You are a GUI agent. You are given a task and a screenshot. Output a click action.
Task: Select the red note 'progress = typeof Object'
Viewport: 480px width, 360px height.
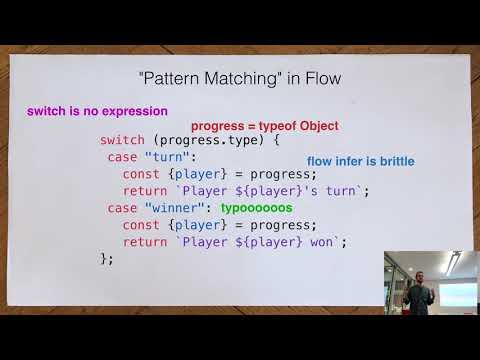[x=265, y=126]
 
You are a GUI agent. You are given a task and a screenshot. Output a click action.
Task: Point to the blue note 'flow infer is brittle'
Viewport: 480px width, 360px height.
[x=360, y=161]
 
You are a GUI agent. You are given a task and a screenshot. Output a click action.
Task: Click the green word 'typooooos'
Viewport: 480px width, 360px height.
[x=256, y=207]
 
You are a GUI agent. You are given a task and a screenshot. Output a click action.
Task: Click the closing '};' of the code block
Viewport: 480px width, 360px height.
[x=107, y=258]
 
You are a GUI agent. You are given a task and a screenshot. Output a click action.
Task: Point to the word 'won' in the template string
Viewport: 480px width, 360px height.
[x=326, y=241]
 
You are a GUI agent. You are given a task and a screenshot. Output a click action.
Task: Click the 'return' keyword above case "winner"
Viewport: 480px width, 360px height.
[x=145, y=191]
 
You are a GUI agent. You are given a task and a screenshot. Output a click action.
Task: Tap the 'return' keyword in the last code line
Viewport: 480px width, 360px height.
[x=145, y=241]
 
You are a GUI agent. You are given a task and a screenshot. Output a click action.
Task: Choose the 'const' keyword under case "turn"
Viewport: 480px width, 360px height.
[x=141, y=174]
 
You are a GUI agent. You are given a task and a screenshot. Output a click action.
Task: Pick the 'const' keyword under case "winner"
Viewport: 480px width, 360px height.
[x=141, y=224]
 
